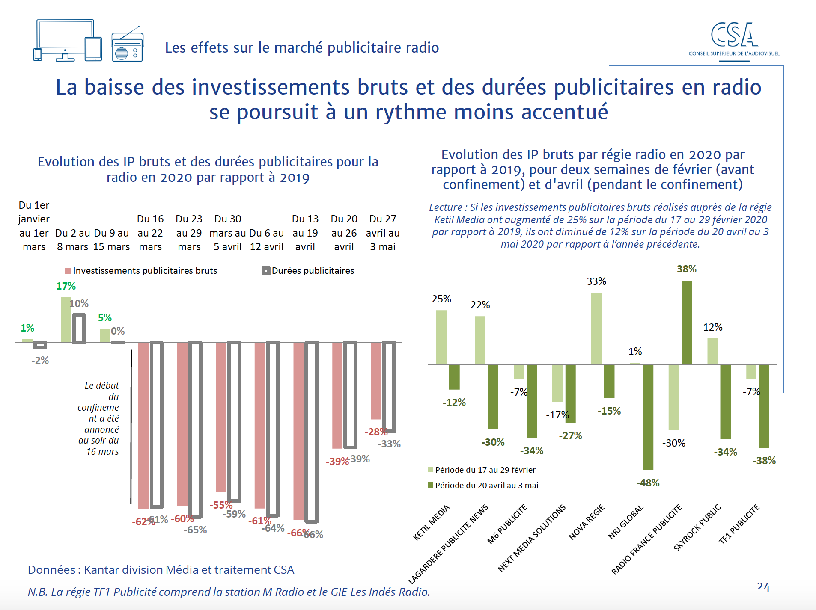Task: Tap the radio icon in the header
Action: (127, 46)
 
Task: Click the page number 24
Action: (763, 586)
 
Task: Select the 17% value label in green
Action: (66, 286)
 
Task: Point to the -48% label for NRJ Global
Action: (648, 483)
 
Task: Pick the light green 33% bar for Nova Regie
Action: (596, 328)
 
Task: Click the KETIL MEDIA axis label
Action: (432, 523)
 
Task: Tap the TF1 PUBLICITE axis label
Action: (739, 524)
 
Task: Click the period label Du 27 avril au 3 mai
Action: (383, 233)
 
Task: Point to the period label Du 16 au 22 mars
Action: (150, 233)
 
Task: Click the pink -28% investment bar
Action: (376, 381)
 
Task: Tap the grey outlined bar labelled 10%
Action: (79, 328)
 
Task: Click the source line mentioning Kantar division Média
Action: (161, 570)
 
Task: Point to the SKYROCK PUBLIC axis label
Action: (697, 528)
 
